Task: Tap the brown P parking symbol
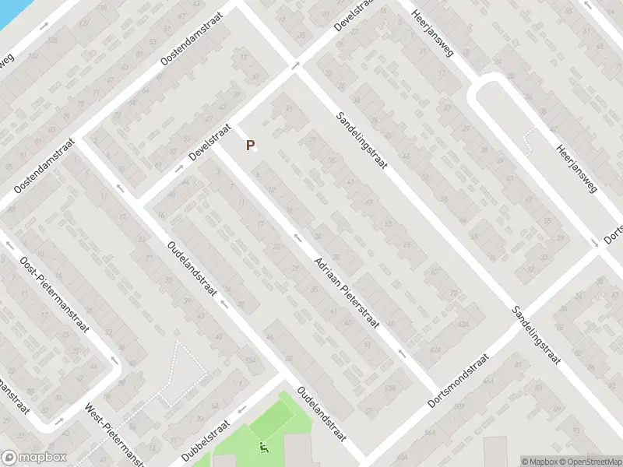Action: tap(250, 145)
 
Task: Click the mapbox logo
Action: tap(33, 458)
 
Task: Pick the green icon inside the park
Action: tap(263, 448)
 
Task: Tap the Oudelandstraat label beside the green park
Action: tap(322, 415)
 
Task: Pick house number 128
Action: tap(53, 39)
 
